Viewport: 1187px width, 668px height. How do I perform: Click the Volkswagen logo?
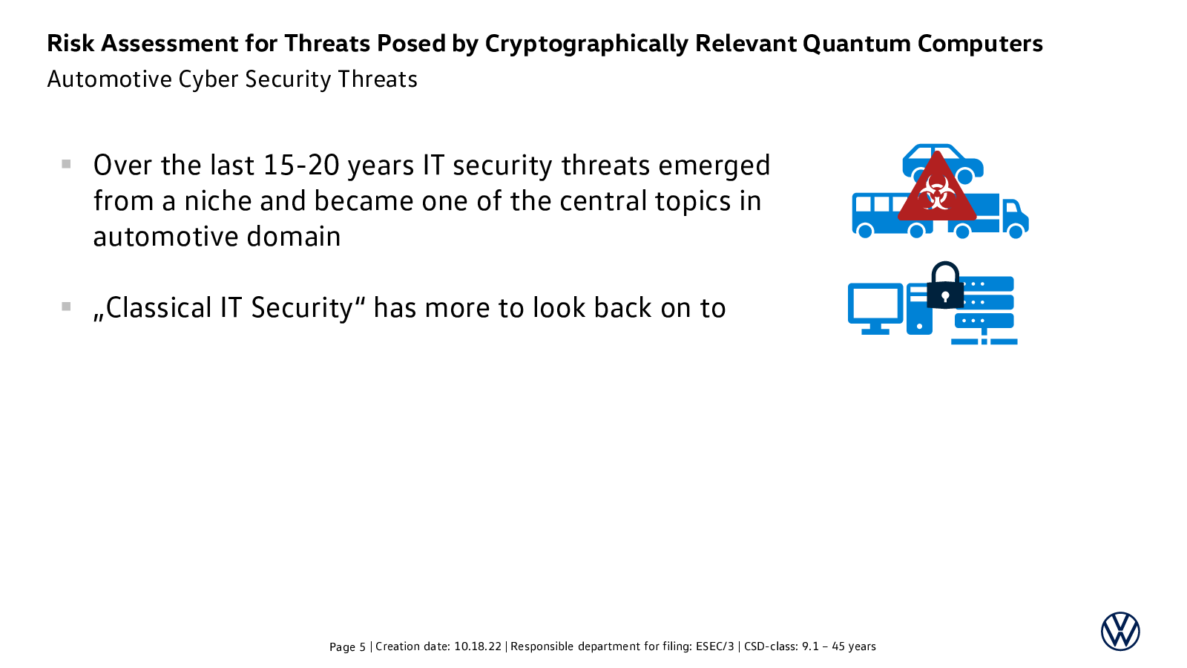coord(1120,631)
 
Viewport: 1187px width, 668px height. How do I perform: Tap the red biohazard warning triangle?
coord(937,191)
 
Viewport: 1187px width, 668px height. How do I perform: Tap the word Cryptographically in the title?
coord(587,45)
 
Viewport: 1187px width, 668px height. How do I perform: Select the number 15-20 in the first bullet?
coord(301,166)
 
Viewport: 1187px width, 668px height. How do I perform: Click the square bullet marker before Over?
coord(66,164)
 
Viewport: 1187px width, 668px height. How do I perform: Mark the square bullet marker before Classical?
coord(66,307)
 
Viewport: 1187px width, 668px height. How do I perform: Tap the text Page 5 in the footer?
coord(347,646)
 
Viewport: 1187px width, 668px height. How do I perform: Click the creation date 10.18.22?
coord(478,646)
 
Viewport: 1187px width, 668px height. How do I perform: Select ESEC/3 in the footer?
coord(715,646)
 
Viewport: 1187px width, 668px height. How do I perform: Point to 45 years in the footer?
coord(854,646)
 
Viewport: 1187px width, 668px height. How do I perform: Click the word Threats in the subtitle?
coord(378,79)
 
